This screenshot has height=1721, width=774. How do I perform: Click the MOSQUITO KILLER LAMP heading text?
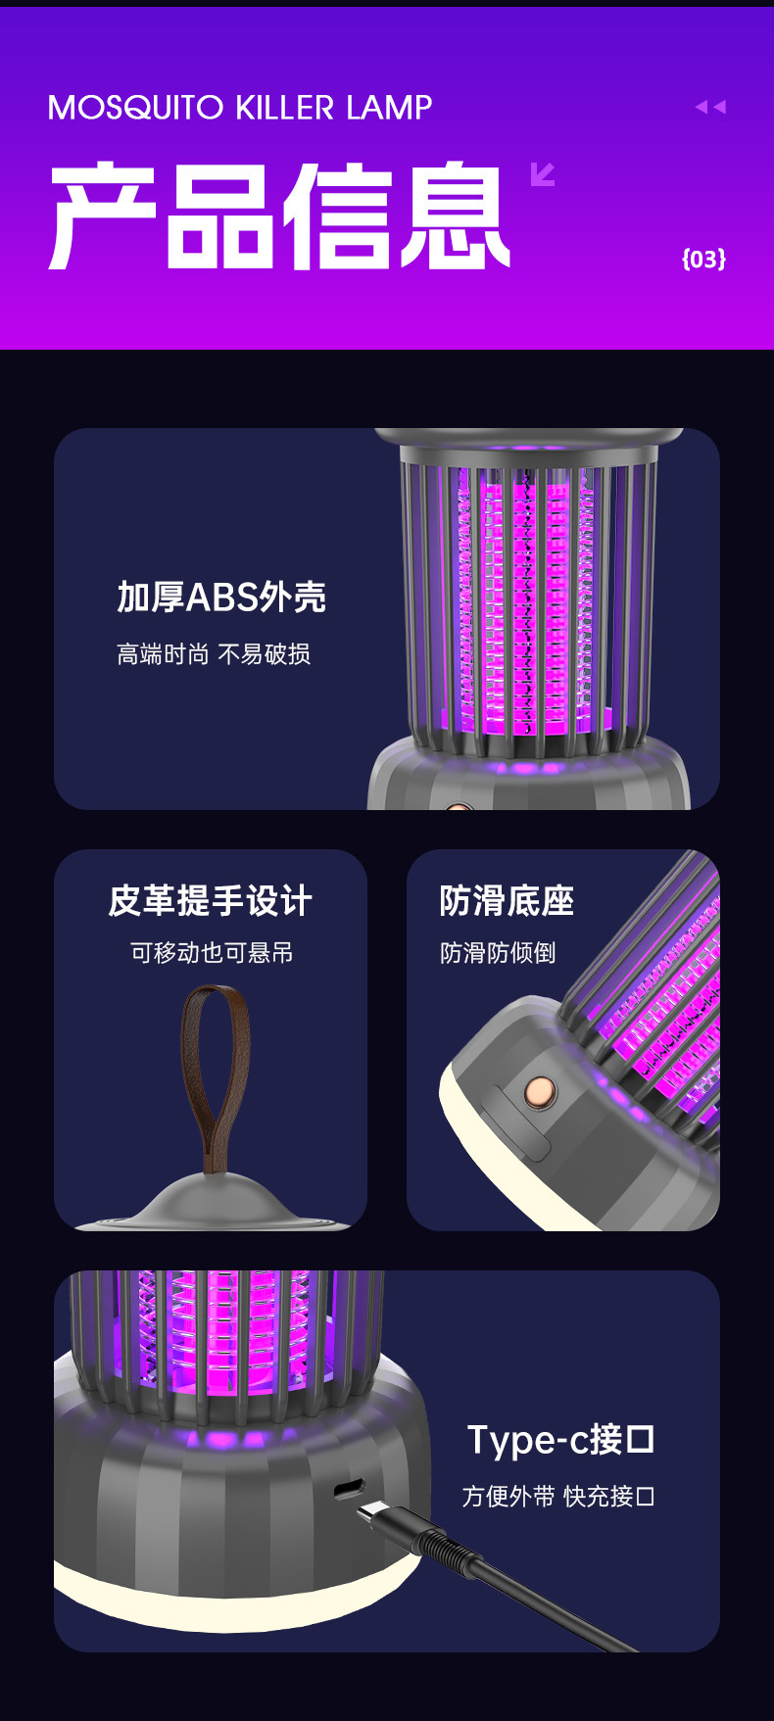(x=240, y=108)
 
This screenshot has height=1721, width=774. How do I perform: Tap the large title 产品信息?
(x=279, y=216)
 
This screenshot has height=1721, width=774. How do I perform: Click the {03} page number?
(x=703, y=259)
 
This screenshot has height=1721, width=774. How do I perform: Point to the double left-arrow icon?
(x=710, y=107)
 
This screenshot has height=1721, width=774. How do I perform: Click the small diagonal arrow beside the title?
(x=542, y=174)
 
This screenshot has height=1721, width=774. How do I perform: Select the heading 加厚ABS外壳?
(x=221, y=597)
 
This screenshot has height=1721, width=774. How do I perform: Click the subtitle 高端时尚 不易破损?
(x=214, y=654)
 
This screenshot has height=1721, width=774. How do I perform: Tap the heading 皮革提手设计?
(x=211, y=901)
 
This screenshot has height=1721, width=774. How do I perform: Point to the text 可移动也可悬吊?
(x=212, y=953)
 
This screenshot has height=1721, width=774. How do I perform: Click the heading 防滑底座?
(x=507, y=901)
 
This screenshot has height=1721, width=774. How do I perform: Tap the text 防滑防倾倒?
(x=498, y=953)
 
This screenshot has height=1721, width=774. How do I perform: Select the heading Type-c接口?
(x=560, y=1440)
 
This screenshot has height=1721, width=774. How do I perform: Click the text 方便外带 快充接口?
(x=558, y=1497)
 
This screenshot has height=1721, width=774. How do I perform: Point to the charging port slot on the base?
(x=349, y=1490)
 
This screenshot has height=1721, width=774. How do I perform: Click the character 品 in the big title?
(x=218, y=216)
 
